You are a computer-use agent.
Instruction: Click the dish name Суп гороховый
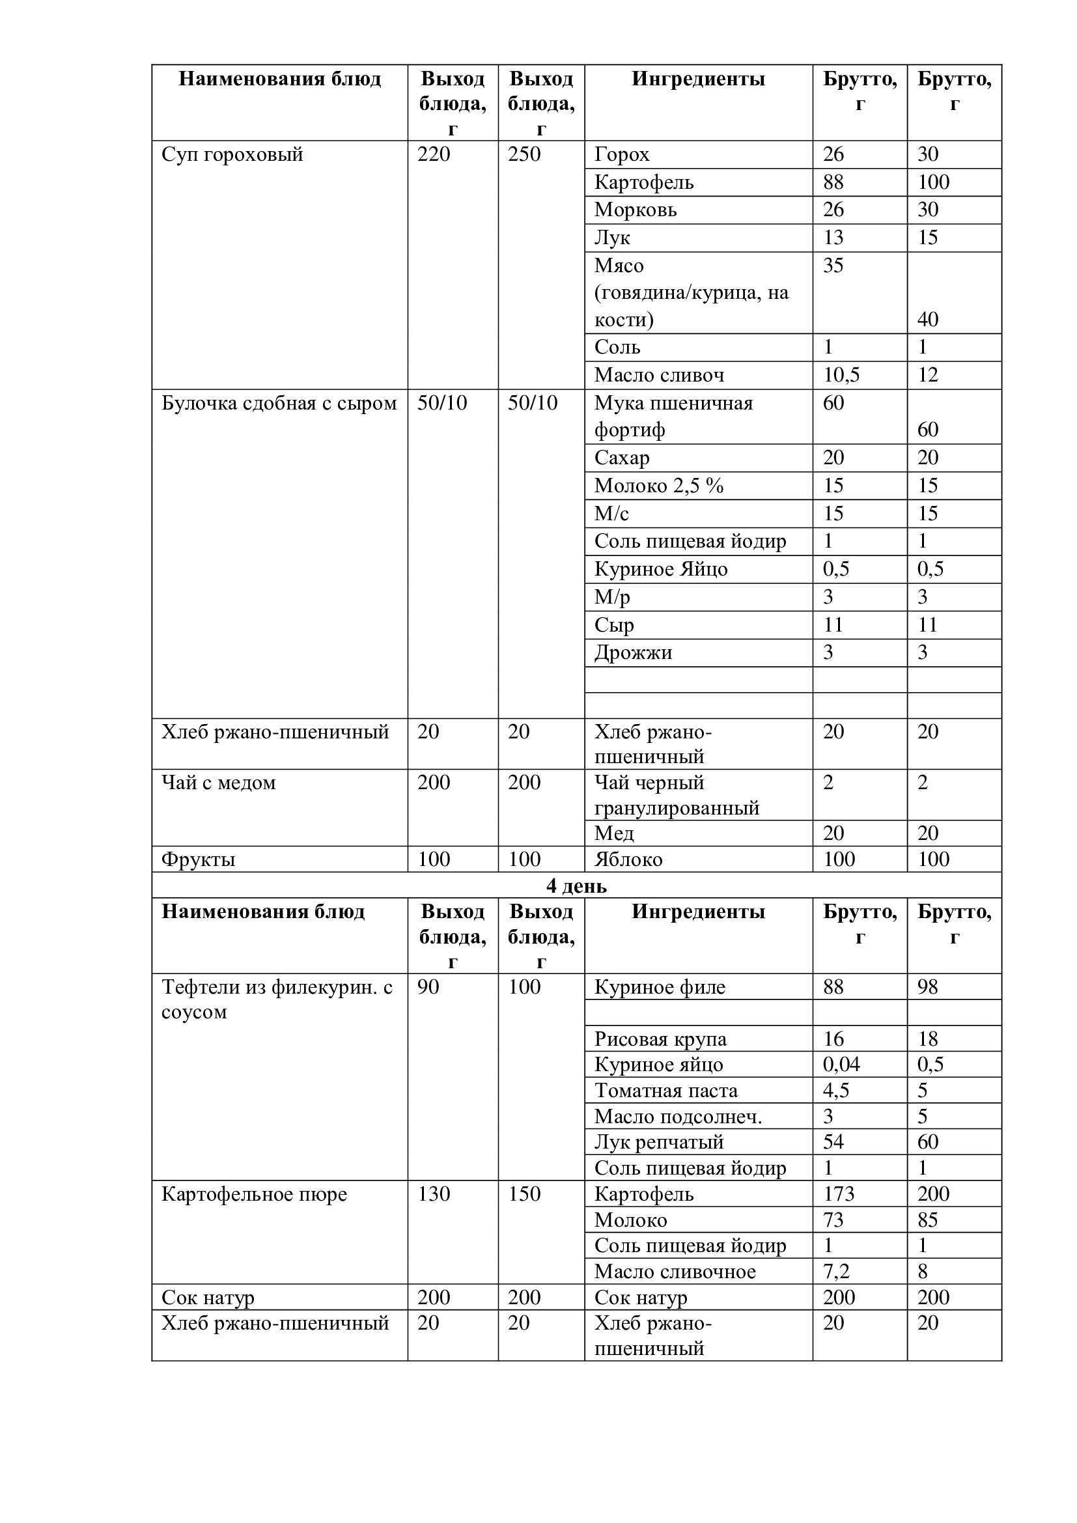click(x=232, y=154)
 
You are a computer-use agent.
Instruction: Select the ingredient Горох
click(x=621, y=154)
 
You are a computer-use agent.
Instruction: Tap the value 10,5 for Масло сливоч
click(x=841, y=376)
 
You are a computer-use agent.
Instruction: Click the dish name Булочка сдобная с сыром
click(x=279, y=403)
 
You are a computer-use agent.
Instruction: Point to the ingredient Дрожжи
click(x=633, y=652)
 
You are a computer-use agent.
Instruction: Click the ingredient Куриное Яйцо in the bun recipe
click(x=660, y=569)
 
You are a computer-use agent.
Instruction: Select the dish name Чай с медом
click(x=218, y=783)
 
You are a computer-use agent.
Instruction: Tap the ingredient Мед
click(x=614, y=833)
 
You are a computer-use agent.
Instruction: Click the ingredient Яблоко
click(x=628, y=859)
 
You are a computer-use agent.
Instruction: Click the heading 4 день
click(x=576, y=886)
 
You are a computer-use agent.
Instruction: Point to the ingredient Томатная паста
click(x=665, y=1091)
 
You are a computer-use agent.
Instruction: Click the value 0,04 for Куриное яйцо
click(x=841, y=1065)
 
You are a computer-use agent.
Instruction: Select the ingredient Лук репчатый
click(x=658, y=1142)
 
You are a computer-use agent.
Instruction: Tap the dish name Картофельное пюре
click(x=254, y=1195)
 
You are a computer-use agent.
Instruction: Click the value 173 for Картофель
click(x=838, y=1195)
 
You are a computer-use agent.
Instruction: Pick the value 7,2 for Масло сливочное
click(x=835, y=1272)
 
